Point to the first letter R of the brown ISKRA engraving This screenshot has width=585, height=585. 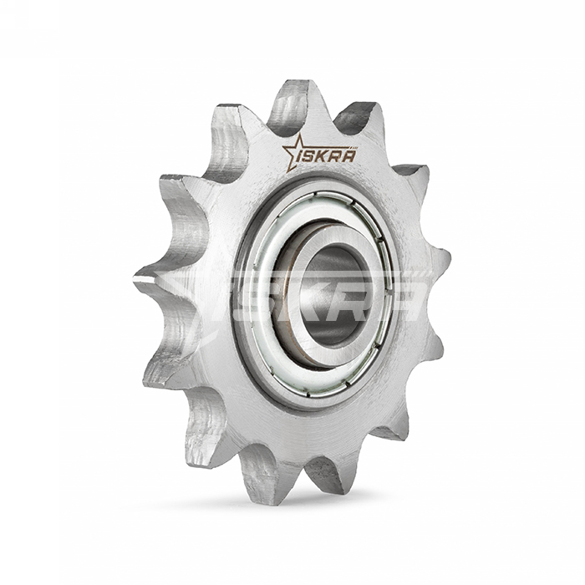coord(336,155)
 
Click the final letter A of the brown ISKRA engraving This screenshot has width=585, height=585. coord(348,154)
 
